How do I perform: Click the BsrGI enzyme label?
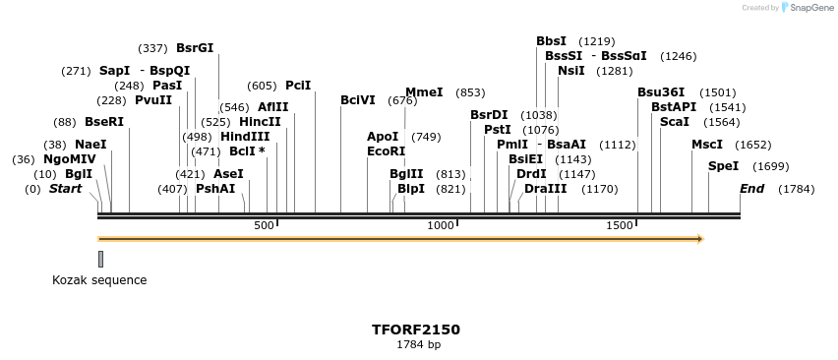click(195, 47)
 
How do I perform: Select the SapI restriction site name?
click(115, 71)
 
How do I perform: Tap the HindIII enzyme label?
click(245, 137)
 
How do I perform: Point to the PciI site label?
click(298, 86)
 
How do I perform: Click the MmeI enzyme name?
click(424, 92)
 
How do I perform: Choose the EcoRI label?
click(386, 151)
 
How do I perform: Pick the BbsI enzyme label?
click(551, 41)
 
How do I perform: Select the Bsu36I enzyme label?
click(661, 92)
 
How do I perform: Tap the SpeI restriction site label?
click(723, 166)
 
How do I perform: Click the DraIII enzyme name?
click(545, 188)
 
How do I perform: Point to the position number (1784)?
click(796, 189)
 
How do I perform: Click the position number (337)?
click(152, 48)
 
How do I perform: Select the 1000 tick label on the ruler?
click(440, 226)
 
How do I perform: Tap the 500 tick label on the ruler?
click(264, 226)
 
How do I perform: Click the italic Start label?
click(65, 188)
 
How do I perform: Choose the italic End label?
click(751, 188)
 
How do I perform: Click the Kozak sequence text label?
click(99, 280)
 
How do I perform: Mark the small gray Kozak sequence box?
click(100, 259)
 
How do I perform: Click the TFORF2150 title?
click(416, 330)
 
